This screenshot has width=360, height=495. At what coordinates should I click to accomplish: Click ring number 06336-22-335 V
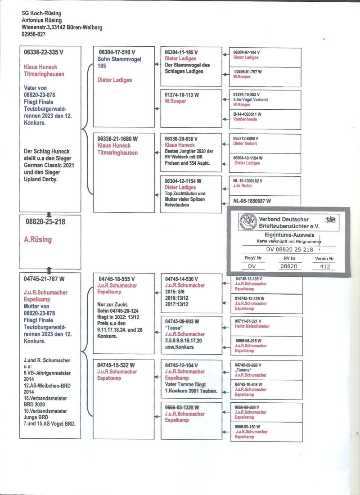click(x=44, y=52)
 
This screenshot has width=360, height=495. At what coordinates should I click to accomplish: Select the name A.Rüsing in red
click(x=38, y=240)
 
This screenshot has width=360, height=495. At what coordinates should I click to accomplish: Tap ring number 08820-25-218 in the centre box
click(x=45, y=221)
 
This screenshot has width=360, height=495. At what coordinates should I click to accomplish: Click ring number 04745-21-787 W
click(x=44, y=279)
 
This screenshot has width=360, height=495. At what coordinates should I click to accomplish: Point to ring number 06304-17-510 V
click(x=117, y=52)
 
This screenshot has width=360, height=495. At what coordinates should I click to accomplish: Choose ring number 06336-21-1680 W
click(x=118, y=139)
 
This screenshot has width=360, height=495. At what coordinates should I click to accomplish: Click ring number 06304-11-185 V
click(x=181, y=52)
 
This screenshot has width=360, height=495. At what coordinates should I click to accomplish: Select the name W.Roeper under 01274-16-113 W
click(x=175, y=101)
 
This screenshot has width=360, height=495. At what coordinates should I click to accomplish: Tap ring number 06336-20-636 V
click(x=181, y=139)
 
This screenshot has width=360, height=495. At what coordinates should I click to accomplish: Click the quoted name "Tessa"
click(x=174, y=328)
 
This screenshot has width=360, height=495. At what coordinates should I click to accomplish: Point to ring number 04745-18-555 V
click(x=117, y=279)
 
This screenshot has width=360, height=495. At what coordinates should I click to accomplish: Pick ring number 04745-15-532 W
click(x=117, y=365)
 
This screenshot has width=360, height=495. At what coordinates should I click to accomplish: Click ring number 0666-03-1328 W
click(x=182, y=408)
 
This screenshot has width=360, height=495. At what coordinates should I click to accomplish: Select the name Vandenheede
click(x=245, y=119)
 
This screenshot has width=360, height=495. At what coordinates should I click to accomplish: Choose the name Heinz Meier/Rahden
click(x=252, y=326)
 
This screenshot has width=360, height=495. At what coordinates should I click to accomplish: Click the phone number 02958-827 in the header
click(x=33, y=34)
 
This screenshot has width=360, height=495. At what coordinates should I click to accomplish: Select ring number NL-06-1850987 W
click(x=252, y=201)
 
